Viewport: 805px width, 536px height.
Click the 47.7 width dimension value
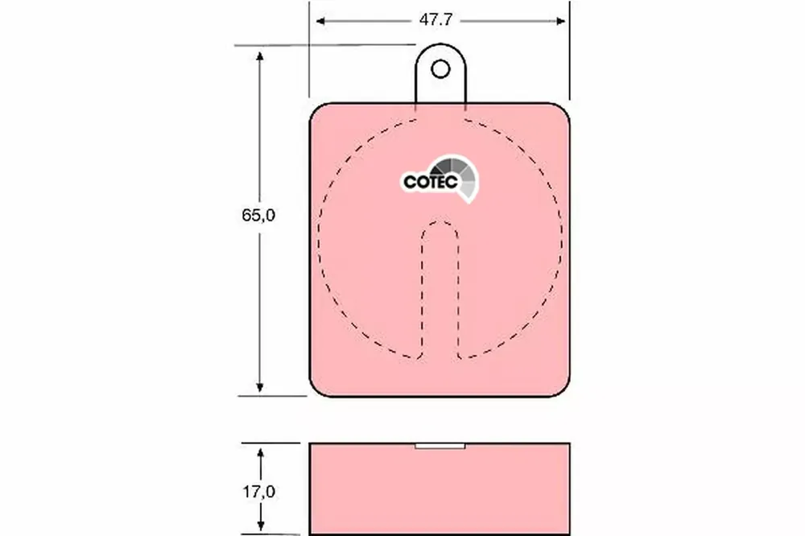pyautogui.click(x=436, y=19)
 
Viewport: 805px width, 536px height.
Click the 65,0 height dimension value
pyautogui.click(x=258, y=215)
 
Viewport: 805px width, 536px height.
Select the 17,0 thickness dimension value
pyautogui.click(x=258, y=492)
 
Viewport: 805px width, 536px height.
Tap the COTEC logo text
pyautogui.click(x=430, y=182)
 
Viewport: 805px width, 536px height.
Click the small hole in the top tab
pyautogui.click(x=440, y=68)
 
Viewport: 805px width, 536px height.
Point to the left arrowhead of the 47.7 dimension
pyautogui.click(x=320, y=21)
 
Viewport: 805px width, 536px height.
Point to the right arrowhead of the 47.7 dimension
pyautogui.click(x=560, y=21)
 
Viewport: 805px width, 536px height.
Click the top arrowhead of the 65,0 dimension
pyautogui.click(x=260, y=56)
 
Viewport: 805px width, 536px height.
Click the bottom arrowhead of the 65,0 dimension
pyautogui.click(x=260, y=388)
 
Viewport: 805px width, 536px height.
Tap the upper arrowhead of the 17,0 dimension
pyautogui.click(x=260, y=453)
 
